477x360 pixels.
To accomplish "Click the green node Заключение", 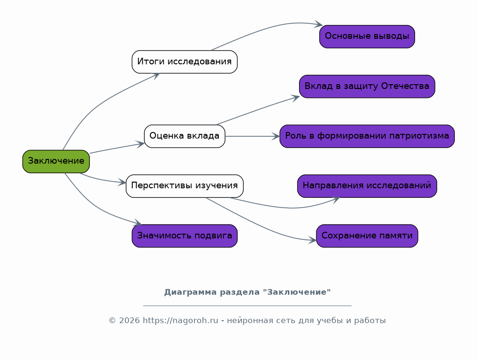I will pyautogui.click(x=56, y=161).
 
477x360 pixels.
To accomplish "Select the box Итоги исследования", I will pyautogui.click(x=184, y=62).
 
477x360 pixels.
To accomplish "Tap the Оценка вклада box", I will pyautogui.click(x=184, y=136).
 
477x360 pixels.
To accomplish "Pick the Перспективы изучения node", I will pyautogui.click(x=184, y=186).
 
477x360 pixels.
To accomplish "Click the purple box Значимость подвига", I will pyautogui.click(x=184, y=236).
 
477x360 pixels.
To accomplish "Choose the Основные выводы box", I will pyautogui.click(x=367, y=36).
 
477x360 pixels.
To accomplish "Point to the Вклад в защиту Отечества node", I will pyautogui.click(x=367, y=87).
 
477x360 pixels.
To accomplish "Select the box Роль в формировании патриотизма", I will pyautogui.click(x=367, y=136).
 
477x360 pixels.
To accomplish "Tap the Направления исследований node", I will pyautogui.click(x=367, y=186).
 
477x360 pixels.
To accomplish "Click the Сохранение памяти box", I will pyautogui.click(x=367, y=236).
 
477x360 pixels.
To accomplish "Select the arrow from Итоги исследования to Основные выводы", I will pyautogui.click(x=265, y=30).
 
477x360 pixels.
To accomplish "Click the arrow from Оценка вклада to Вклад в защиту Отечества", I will pyautogui.click(x=258, y=111).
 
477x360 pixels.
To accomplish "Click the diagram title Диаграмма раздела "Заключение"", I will pyautogui.click(x=247, y=292).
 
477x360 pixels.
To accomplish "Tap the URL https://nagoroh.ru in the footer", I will pyautogui.click(x=181, y=321).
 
